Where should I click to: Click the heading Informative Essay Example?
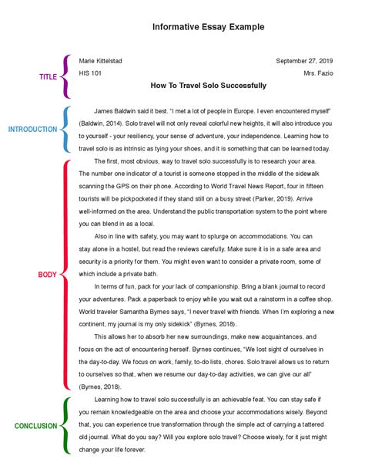pyautogui.click(x=207, y=26)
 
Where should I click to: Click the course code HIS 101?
pyautogui.click(x=91, y=74)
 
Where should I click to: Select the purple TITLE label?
pyautogui.click(x=49, y=77)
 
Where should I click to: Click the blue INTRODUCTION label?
pyautogui.click(x=32, y=130)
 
